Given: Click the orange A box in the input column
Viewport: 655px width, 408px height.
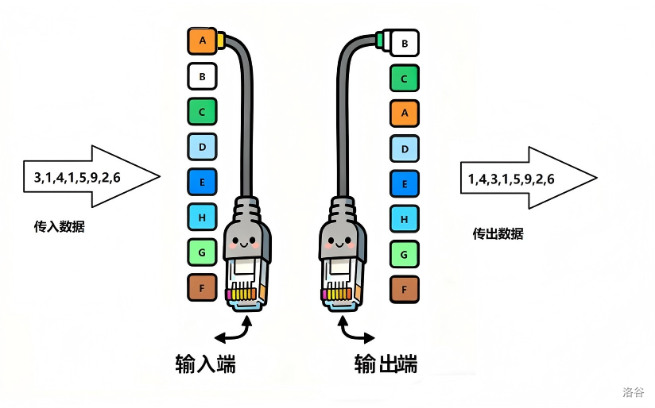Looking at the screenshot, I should point(202,40).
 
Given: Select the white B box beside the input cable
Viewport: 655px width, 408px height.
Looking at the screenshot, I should point(202,76).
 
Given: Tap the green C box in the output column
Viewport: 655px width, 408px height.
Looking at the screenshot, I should point(405,79).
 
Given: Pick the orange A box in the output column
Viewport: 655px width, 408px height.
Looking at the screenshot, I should point(405,114).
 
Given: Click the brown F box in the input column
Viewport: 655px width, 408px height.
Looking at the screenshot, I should point(202,287).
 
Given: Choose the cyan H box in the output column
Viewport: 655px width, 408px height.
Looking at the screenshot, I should point(405,219).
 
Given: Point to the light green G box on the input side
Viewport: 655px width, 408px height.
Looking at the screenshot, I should point(202,252).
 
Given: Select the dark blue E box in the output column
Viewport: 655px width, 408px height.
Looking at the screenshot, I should point(405,184).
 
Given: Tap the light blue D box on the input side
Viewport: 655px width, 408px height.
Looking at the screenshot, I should point(202,147).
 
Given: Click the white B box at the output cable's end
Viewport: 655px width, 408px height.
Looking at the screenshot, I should point(405,43).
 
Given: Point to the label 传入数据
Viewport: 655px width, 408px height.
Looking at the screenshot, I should point(59,226).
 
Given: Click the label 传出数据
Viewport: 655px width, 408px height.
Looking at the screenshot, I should point(498,233).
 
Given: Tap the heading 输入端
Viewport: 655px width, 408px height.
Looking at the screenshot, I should point(205,364).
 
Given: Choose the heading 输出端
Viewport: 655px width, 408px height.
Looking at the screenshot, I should point(386,364).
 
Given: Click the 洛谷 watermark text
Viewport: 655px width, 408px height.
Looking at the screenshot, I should point(634,391).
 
